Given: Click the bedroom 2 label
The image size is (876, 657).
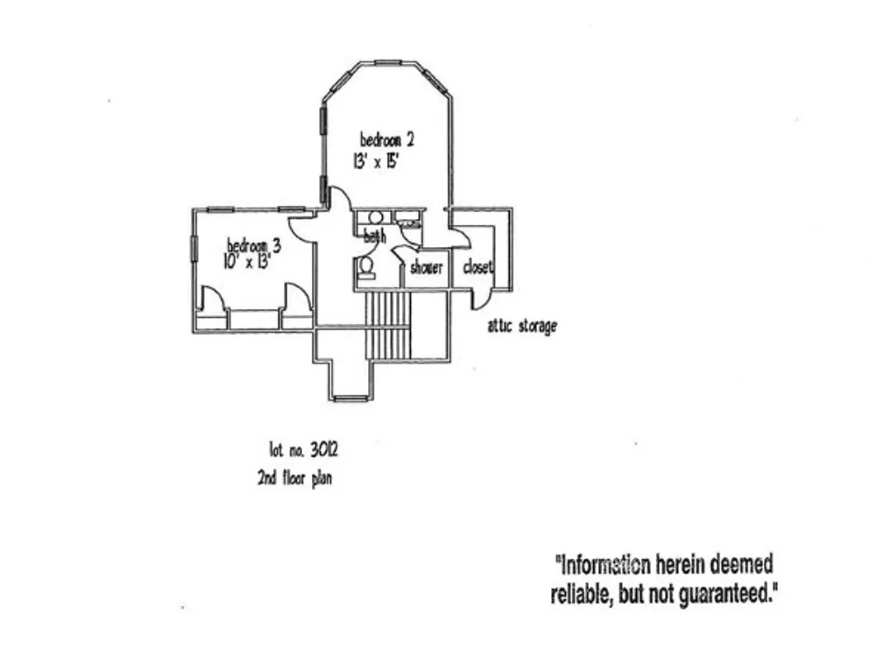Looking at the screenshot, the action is coord(387,139).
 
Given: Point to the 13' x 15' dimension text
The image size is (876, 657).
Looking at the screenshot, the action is coord(377,161).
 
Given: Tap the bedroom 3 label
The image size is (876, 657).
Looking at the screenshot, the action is coord(254,245).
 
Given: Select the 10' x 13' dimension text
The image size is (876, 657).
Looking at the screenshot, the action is coord(247,261).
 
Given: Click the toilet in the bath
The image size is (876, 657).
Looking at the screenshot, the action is coord(366,267).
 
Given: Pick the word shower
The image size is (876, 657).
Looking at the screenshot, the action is coord(427,268).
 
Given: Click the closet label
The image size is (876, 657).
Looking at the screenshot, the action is coord(478,267).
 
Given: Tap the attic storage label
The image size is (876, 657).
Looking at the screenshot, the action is coord(522,326).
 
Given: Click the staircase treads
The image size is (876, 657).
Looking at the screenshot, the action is coord(388,325).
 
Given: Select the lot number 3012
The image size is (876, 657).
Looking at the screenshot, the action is coord(303,449).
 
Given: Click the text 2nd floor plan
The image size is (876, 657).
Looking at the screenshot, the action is coord(294,479).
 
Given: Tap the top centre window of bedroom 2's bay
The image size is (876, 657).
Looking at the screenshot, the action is coord(388,62).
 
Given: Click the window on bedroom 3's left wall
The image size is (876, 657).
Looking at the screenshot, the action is coord(194,248).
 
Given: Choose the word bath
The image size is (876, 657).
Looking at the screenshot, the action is coord(374,237).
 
